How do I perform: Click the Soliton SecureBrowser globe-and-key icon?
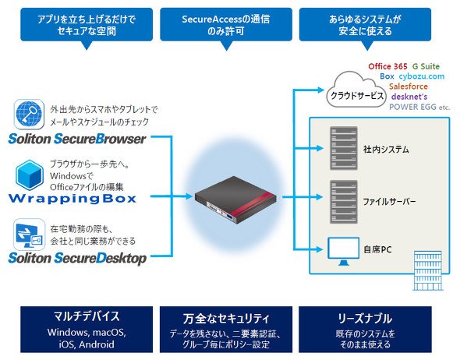coord(29,115)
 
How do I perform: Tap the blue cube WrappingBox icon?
coord(30,175)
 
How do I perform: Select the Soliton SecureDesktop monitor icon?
coord(30,235)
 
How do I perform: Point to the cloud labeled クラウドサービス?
coord(356,90)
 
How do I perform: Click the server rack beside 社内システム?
coord(344,148)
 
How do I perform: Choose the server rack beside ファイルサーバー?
coord(344,202)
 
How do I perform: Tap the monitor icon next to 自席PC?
coord(343,251)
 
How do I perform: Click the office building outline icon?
coord(427,270)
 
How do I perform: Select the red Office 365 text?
coord(387,66)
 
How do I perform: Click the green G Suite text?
coord(426,66)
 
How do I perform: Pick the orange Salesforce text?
coord(408,86)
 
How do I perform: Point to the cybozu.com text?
coord(422,76)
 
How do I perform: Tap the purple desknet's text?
coord(409,97)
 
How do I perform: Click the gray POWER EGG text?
coord(412,107)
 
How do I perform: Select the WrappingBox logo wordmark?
coord(73,199)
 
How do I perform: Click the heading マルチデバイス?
coord(87,316)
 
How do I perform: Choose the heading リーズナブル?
coord(365,319)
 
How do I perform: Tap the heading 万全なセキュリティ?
coord(225,319)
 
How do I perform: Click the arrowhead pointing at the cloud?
coord(321,90)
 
